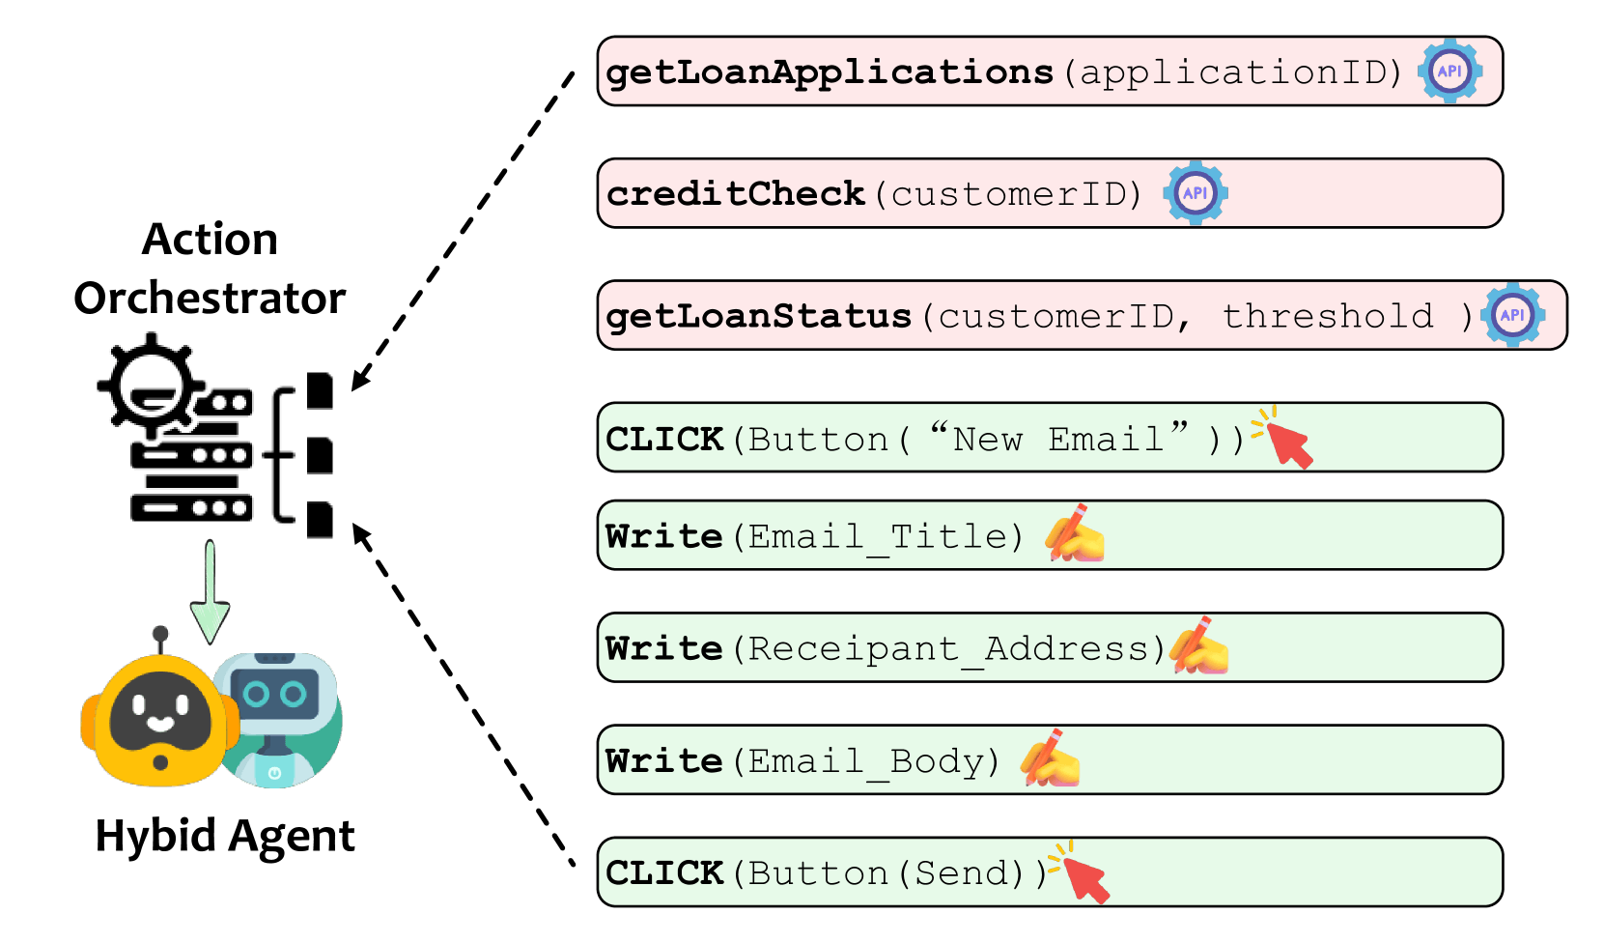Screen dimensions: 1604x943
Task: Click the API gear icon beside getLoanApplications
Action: point(1450,71)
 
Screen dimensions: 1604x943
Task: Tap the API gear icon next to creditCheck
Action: point(1196,193)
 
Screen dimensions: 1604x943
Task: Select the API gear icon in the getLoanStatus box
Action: point(1512,315)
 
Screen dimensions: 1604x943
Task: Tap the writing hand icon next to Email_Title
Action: point(1075,534)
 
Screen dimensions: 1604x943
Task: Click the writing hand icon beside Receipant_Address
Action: point(1199,645)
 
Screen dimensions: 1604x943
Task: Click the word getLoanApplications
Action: point(830,73)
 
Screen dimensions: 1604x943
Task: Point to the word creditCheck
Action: point(736,194)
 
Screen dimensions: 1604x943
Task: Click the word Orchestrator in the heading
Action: point(210,299)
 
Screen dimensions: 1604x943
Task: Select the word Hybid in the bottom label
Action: point(155,837)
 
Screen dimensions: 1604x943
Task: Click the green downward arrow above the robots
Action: point(210,592)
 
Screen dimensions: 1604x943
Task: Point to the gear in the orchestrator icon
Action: point(151,386)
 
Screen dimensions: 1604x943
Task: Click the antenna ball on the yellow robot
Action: point(160,634)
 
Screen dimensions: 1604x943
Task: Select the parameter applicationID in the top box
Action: point(1231,73)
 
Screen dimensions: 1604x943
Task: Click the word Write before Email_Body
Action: point(664,760)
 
